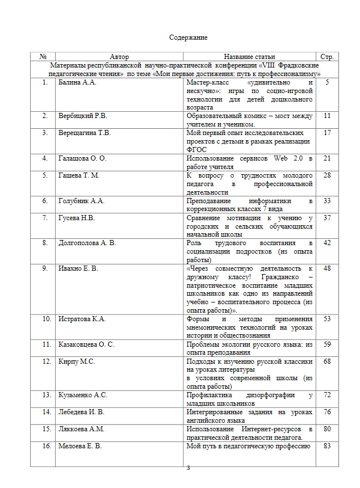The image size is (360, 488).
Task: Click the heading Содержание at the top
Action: pos(188,37)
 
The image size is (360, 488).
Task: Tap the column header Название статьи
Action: pos(249,57)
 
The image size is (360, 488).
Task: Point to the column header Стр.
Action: pos(326,57)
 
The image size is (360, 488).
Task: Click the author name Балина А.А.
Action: pos(78,83)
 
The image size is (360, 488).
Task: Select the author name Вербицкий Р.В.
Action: pos(83,116)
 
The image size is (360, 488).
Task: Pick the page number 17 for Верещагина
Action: pos(327,133)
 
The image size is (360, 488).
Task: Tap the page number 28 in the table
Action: pos(327,175)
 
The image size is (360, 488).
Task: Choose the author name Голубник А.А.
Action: pos(82,201)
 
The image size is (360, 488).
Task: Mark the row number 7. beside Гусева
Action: pos(45,218)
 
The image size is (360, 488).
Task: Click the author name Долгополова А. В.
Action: pos(87,243)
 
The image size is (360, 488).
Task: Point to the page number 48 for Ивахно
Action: pos(327,268)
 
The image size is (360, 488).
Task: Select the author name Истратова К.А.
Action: pos(82,319)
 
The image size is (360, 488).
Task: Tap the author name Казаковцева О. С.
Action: pos(86,344)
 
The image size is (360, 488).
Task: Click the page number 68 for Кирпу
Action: pos(327,361)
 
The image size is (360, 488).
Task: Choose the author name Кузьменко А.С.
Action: pos(82,394)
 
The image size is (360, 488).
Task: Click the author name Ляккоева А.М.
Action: pos(81,429)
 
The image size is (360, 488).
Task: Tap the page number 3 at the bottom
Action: pos(188,468)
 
